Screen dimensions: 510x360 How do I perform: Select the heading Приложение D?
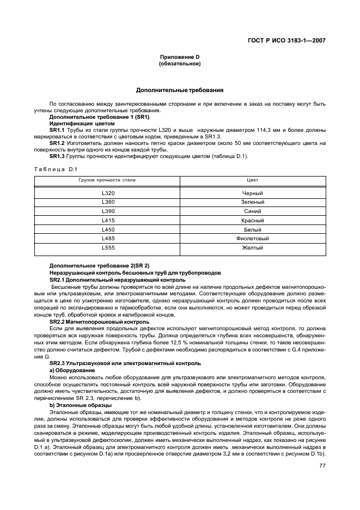click(x=180, y=57)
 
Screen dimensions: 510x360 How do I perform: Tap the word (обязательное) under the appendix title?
click(x=180, y=64)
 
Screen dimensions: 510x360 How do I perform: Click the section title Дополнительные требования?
click(x=180, y=90)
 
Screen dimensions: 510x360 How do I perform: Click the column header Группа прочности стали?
click(x=108, y=179)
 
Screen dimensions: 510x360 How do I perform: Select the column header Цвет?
click(x=253, y=179)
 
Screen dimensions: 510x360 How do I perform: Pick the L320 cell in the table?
click(x=108, y=193)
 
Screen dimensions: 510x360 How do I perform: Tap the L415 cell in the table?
click(x=108, y=221)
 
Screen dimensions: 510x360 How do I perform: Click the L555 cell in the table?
click(x=108, y=248)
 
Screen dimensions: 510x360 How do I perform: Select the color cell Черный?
click(x=253, y=193)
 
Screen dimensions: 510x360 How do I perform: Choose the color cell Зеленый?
click(x=253, y=202)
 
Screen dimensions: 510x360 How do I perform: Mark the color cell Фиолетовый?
click(x=253, y=239)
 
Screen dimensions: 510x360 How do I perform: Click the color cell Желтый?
click(x=253, y=248)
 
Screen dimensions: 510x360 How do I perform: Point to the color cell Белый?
click(x=253, y=229)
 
